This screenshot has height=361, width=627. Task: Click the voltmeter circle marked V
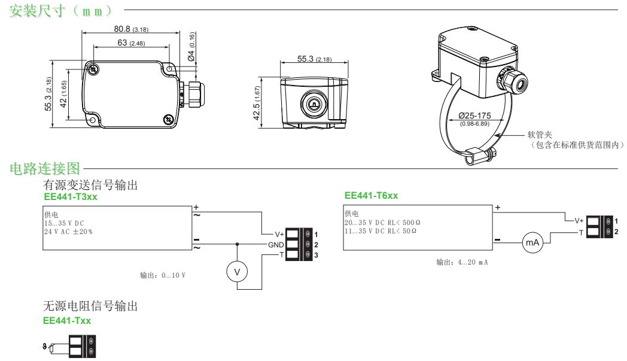(x=236, y=272)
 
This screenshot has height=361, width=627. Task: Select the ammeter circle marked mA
(x=531, y=243)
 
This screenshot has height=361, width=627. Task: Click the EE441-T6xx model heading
(x=372, y=195)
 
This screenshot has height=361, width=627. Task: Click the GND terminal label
(x=275, y=245)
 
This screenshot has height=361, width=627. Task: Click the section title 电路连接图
(x=47, y=169)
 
